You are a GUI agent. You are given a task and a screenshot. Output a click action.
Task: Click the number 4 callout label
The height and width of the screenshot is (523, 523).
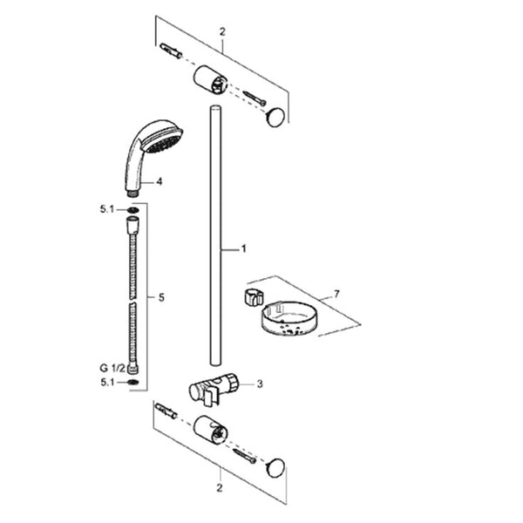[160, 182]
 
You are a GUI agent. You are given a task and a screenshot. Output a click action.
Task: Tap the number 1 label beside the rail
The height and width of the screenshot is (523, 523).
[243, 248]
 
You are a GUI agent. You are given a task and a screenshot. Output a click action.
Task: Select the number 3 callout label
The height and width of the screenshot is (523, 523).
[260, 384]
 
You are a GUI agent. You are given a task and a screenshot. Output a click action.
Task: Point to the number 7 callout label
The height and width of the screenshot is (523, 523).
[336, 295]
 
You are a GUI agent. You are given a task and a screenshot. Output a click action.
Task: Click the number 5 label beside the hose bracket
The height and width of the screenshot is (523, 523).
[162, 297]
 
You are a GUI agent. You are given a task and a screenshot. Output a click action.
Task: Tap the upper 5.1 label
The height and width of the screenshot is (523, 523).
[107, 209]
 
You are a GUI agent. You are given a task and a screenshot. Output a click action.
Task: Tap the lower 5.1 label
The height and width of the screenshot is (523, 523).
[107, 383]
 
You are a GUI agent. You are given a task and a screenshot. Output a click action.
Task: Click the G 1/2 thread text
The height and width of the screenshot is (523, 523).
[112, 368]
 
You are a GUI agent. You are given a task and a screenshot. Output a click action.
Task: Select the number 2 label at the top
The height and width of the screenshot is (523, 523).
[222, 32]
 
